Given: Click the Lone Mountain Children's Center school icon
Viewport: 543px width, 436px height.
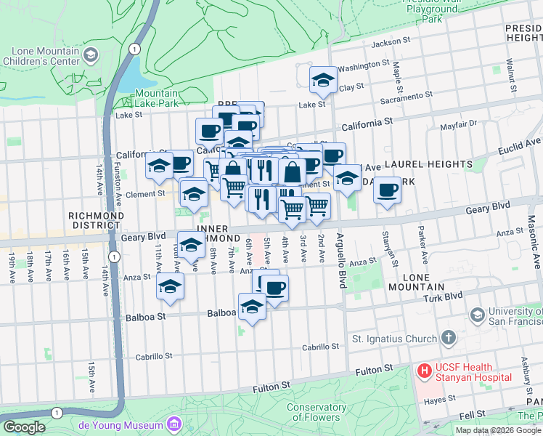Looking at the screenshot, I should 91,55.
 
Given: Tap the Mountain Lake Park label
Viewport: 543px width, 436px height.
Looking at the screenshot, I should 156,98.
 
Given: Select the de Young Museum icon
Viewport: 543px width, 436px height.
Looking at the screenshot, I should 173,424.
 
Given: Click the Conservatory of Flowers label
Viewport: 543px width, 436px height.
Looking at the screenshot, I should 316,412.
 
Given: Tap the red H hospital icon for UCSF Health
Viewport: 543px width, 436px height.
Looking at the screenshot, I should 423,371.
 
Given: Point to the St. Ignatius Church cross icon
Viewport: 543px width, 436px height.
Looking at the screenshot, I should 449,338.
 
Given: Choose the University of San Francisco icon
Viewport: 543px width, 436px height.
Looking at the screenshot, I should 478,315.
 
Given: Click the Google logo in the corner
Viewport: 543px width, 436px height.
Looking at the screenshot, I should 24,427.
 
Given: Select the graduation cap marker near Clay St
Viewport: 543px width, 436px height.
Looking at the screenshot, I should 323,81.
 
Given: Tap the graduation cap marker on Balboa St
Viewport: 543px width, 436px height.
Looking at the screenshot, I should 252,307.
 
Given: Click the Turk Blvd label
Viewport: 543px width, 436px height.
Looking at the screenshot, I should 444,296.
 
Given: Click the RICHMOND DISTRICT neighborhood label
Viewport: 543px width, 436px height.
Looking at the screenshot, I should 96,221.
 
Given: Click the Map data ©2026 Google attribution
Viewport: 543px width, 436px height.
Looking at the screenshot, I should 498,430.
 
